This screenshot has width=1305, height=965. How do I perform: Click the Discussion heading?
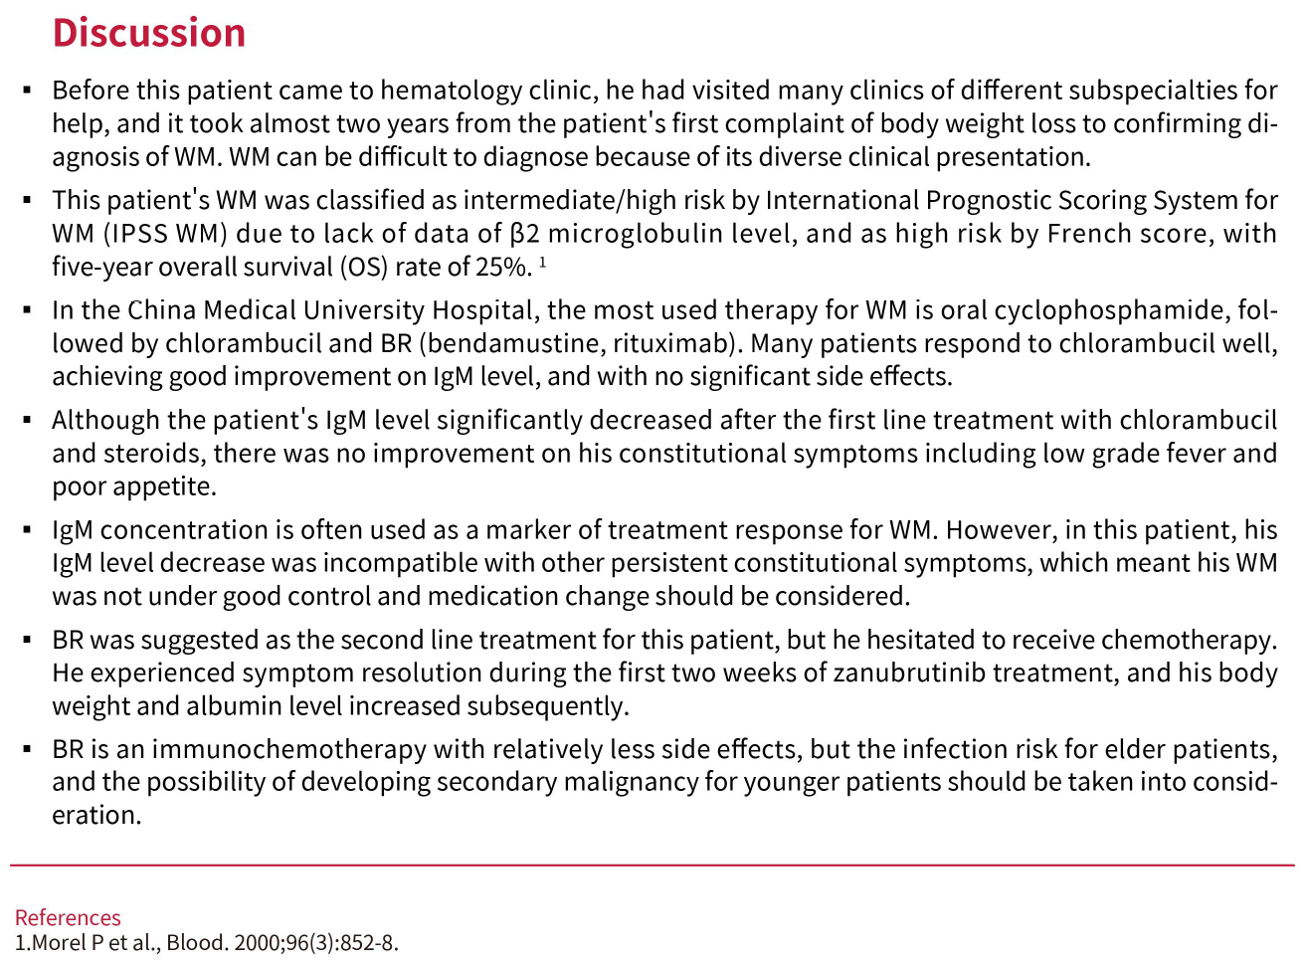click(x=148, y=33)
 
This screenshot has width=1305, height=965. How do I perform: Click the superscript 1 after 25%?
click(x=543, y=263)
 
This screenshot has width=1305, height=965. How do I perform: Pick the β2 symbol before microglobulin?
click(x=524, y=234)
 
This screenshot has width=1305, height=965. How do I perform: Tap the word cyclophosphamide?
click(x=1110, y=310)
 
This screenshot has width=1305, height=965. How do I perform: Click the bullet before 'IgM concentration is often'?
click(x=28, y=530)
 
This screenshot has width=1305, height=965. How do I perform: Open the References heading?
click(x=68, y=917)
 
